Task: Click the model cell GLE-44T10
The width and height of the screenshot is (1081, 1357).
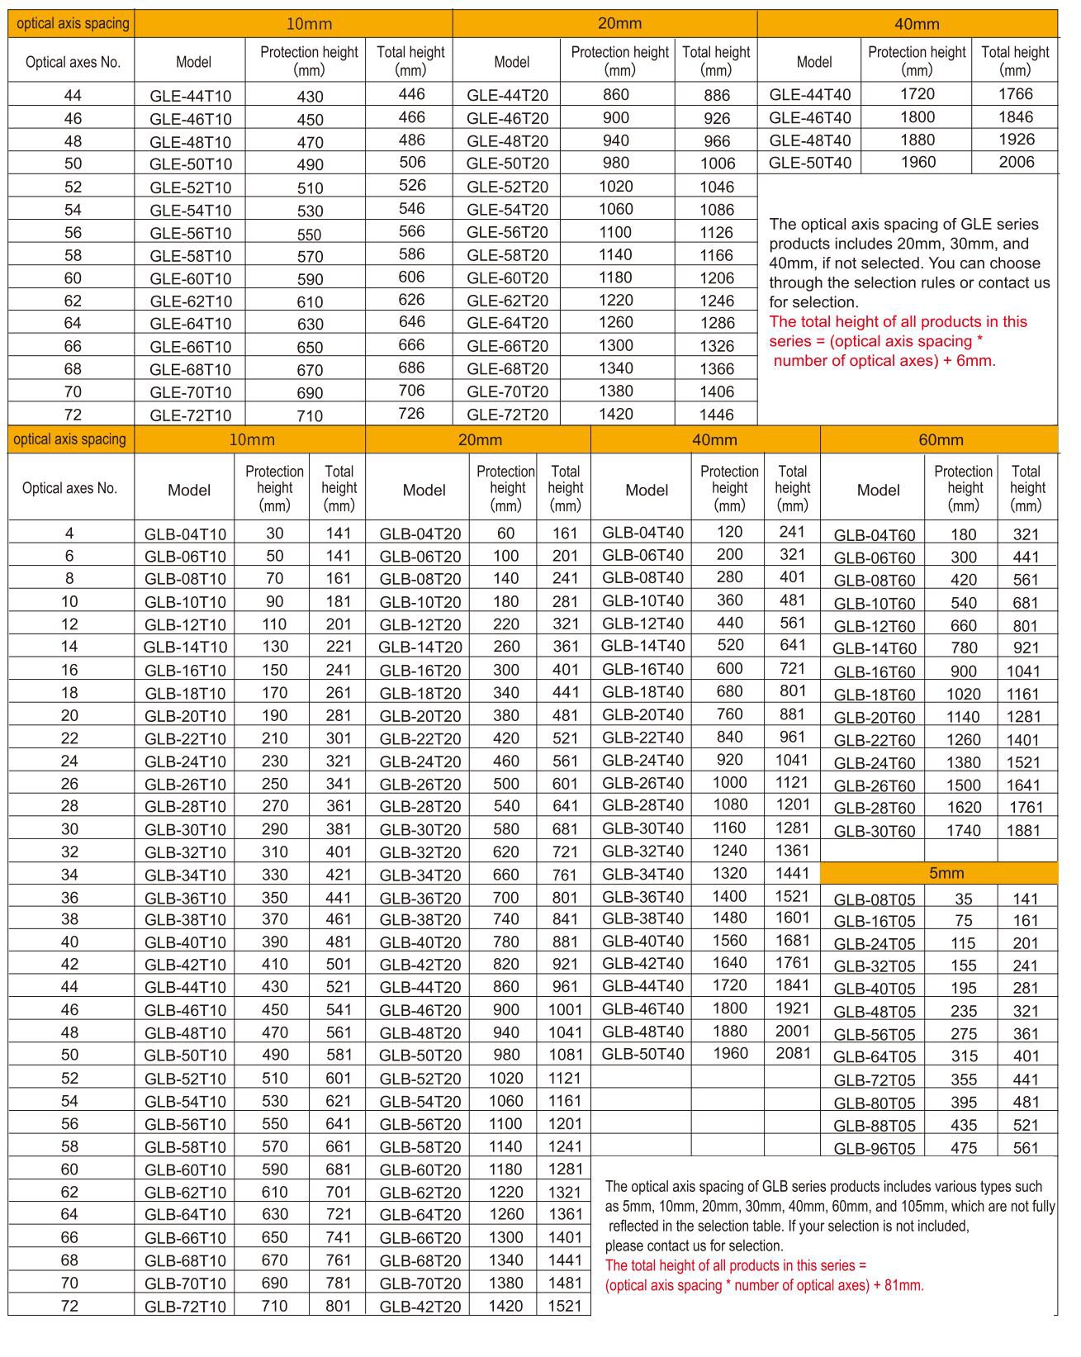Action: click(191, 96)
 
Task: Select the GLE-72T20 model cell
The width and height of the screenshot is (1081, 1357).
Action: click(507, 415)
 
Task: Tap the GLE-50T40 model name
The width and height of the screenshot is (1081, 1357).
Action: click(809, 163)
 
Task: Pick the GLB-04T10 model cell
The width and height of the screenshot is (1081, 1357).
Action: click(185, 534)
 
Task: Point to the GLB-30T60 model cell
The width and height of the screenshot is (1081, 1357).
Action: click(875, 832)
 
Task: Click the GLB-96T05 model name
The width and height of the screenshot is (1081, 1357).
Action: click(875, 1148)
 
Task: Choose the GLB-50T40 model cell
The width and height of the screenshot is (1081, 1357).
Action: click(642, 1053)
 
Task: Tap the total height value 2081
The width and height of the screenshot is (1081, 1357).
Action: click(793, 1053)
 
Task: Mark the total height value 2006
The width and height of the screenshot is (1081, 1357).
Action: click(1016, 162)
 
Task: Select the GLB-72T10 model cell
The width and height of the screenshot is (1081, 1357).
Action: click(185, 1306)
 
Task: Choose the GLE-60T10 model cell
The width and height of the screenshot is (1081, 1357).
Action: click(191, 279)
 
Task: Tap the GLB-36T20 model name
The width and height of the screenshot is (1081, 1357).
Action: click(420, 898)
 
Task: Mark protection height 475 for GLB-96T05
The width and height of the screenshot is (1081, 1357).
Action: click(963, 1148)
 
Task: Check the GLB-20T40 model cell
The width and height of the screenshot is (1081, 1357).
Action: click(642, 714)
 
